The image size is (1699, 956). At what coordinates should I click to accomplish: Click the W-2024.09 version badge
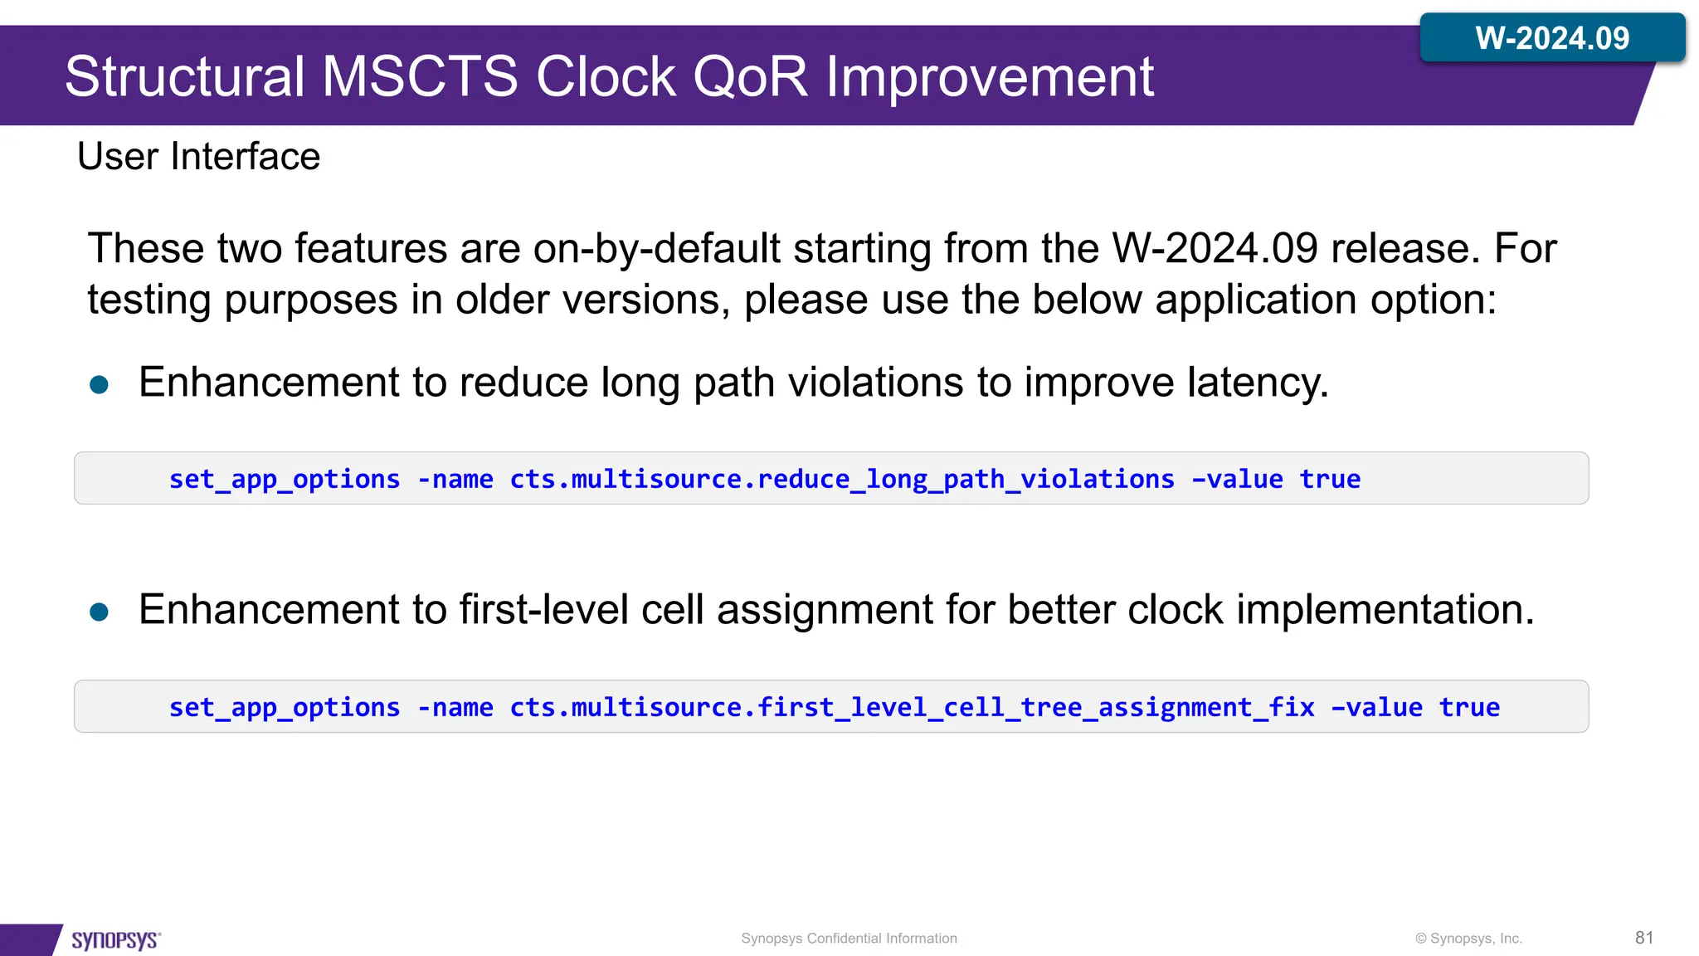pos(1551,38)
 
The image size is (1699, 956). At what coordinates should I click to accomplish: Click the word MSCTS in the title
pos(420,77)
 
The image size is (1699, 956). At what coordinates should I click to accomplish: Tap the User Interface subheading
pos(198,156)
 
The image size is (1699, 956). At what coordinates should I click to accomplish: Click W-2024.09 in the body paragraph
pos(1215,248)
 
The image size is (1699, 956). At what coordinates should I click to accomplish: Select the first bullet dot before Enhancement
pos(99,384)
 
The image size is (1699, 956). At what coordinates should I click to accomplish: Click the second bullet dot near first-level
pos(99,612)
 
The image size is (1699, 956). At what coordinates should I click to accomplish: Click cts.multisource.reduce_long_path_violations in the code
pos(841,479)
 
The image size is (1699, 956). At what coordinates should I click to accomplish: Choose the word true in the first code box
pos(1330,479)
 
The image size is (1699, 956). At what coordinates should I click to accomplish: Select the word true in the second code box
pos(1468,707)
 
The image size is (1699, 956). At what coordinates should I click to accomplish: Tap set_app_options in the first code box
pos(285,479)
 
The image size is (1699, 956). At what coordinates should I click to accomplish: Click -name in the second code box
pos(455,707)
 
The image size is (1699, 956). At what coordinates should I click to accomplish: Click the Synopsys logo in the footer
pos(115,939)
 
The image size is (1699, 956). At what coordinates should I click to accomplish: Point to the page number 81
pos(1644,938)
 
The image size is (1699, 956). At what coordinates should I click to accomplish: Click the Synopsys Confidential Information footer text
pos(849,939)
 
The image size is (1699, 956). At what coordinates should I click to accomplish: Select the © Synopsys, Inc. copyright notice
pos(1468,939)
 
